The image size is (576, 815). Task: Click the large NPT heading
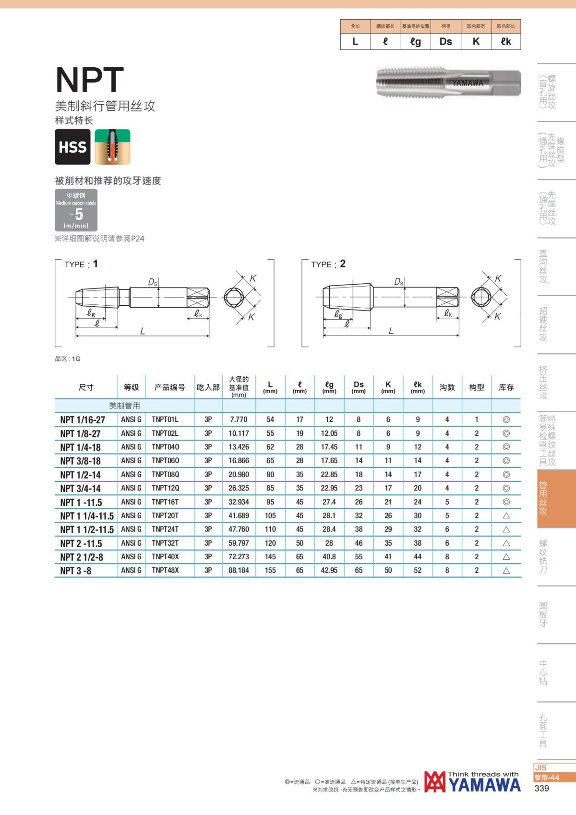[89, 80]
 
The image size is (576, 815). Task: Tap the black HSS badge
[73, 147]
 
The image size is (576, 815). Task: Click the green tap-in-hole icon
[112, 147]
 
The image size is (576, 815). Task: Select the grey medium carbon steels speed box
[76, 210]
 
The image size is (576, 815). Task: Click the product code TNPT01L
[165, 419]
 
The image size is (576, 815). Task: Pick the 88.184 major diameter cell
[239, 570]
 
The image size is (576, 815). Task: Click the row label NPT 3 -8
[76, 571]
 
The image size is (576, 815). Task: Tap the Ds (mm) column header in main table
[359, 387]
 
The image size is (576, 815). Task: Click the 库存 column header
[506, 387]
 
